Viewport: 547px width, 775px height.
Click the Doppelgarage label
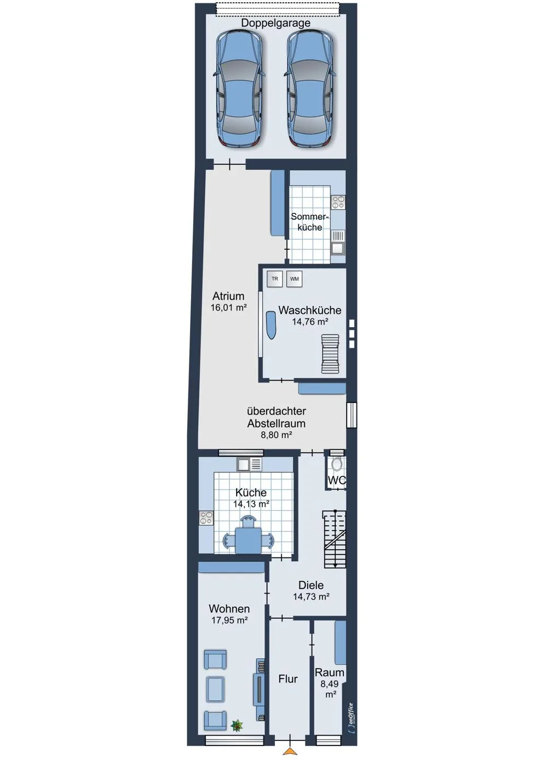pyautogui.click(x=275, y=23)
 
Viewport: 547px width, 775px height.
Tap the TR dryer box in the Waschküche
pyautogui.click(x=275, y=279)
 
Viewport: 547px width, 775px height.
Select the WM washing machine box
pyautogui.click(x=295, y=279)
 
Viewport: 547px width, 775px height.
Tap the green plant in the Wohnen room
pyautogui.click(x=238, y=725)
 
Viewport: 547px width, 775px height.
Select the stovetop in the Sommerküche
pyautogui.click(x=338, y=202)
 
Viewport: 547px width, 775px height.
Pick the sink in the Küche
pyautogui.click(x=249, y=464)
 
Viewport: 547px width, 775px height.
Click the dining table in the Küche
pyautogui.click(x=249, y=540)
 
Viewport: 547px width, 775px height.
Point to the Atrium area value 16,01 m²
pyautogui.click(x=228, y=307)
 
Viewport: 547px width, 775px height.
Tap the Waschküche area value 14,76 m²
pyautogui.click(x=310, y=322)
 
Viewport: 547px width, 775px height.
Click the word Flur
pyautogui.click(x=288, y=679)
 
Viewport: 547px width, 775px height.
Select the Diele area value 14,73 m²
pyautogui.click(x=311, y=596)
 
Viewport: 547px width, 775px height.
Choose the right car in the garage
pyautogui.click(x=310, y=89)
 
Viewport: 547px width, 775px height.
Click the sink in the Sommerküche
pyautogui.click(x=338, y=243)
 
